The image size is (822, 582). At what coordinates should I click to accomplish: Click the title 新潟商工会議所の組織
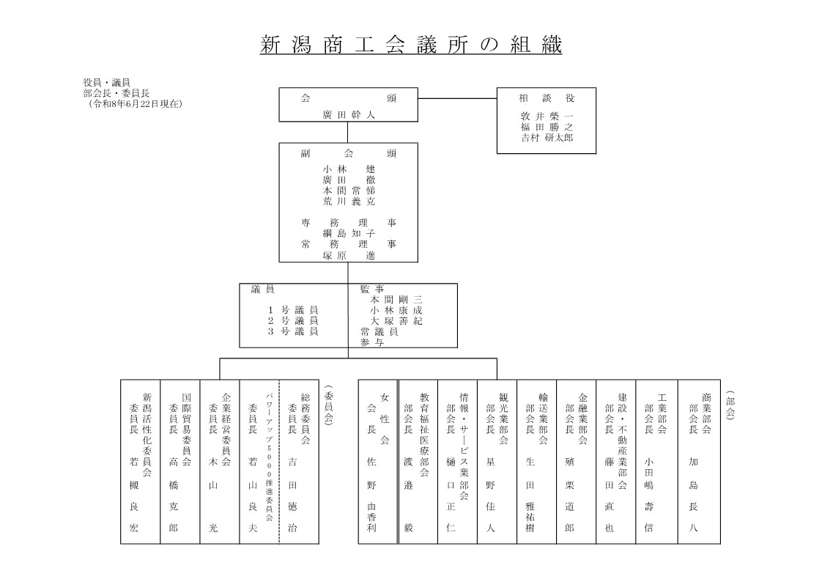(411, 45)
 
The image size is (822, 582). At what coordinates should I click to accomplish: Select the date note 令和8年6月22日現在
(136, 104)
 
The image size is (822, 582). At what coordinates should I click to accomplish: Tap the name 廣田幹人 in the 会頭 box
(349, 115)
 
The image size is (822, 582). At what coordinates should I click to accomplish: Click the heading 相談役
(547, 98)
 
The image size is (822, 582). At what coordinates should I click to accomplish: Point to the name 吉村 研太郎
(547, 138)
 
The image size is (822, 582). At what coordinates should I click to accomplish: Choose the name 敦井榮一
(547, 117)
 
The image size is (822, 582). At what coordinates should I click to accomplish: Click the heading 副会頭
(349, 154)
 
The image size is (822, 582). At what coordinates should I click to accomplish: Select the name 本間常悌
(349, 191)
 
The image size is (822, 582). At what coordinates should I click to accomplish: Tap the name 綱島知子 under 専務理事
(349, 233)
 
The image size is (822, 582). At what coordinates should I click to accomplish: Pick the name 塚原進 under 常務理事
(349, 255)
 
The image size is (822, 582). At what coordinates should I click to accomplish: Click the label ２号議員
(293, 321)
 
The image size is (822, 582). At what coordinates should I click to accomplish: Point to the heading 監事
(372, 289)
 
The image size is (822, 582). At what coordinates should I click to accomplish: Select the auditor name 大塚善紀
(396, 321)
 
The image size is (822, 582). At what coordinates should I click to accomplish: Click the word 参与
(372, 342)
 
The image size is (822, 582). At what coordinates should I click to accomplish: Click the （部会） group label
(730, 405)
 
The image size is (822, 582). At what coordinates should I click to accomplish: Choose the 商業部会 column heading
(706, 413)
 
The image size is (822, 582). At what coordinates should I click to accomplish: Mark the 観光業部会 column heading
(503, 419)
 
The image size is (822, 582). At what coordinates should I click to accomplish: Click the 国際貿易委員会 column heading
(187, 430)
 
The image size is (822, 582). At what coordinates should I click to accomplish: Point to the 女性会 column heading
(385, 419)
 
